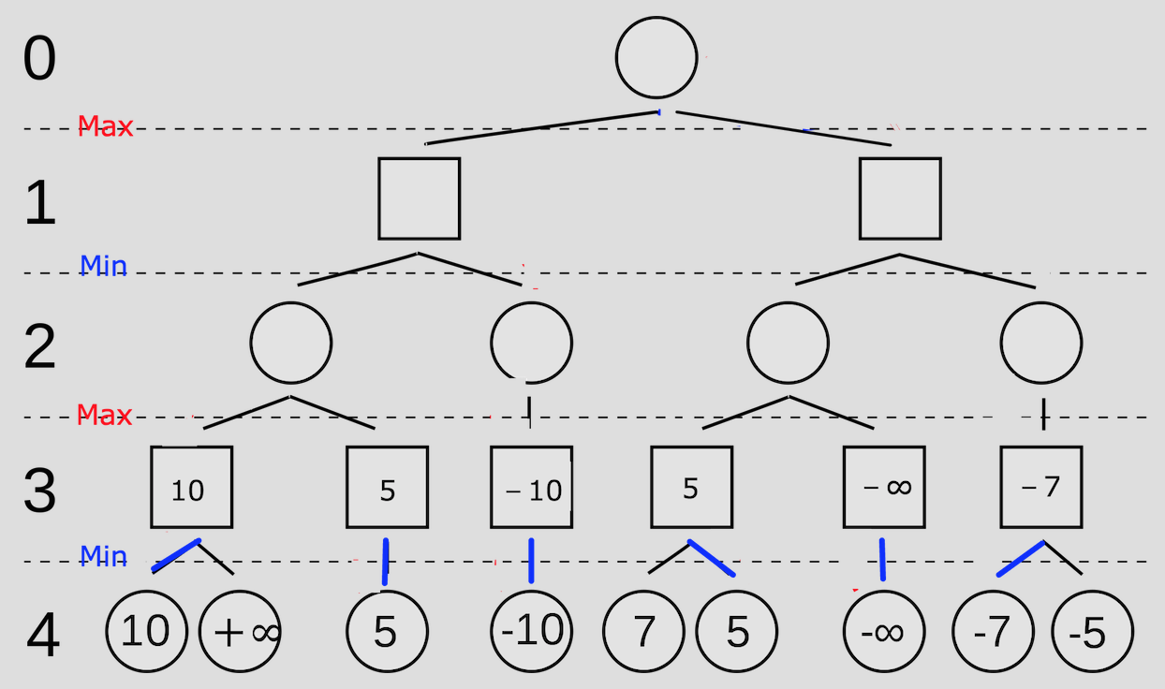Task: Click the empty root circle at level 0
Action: (656, 57)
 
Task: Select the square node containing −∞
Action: (884, 487)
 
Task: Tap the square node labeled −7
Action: (1041, 487)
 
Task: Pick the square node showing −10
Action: (531, 487)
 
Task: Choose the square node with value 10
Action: (191, 487)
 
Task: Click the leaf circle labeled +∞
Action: (241, 632)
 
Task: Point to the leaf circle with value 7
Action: (643, 632)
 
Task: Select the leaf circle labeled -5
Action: (1092, 632)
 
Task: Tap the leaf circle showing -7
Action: (993, 632)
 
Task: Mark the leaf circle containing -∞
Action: (883, 632)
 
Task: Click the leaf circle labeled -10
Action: (532, 632)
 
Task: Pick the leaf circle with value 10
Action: (146, 632)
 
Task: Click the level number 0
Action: (39, 59)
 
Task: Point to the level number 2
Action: (39, 347)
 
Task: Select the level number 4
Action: (42, 637)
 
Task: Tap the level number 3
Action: (39, 491)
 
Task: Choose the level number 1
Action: (39, 204)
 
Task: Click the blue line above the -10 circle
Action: (531, 561)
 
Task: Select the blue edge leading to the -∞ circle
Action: (881, 560)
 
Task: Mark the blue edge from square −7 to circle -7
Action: (1020, 559)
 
